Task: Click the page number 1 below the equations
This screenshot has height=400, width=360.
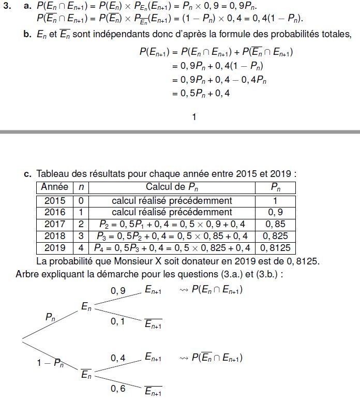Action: (x=194, y=117)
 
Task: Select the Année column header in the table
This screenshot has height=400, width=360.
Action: (x=55, y=187)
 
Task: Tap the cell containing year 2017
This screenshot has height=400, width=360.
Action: (x=55, y=224)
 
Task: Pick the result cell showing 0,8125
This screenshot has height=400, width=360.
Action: (x=276, y=248)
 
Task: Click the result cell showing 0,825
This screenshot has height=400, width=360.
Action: (x=276, y=236)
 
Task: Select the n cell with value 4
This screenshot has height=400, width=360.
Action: (x=81, y=248)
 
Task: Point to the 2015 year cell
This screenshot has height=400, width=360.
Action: (x=55, y=200)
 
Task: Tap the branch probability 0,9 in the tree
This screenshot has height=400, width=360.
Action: (x=118, y=291)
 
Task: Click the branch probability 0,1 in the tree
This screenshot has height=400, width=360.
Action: (x=118, y=321)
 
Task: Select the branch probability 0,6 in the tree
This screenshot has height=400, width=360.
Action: (x=118, y=389)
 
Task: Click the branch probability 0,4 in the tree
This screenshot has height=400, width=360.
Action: (x=118, y=358)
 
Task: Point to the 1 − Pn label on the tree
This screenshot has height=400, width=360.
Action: (x=50, y=362)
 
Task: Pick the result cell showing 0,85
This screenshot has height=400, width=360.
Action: (x=276, y=224)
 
